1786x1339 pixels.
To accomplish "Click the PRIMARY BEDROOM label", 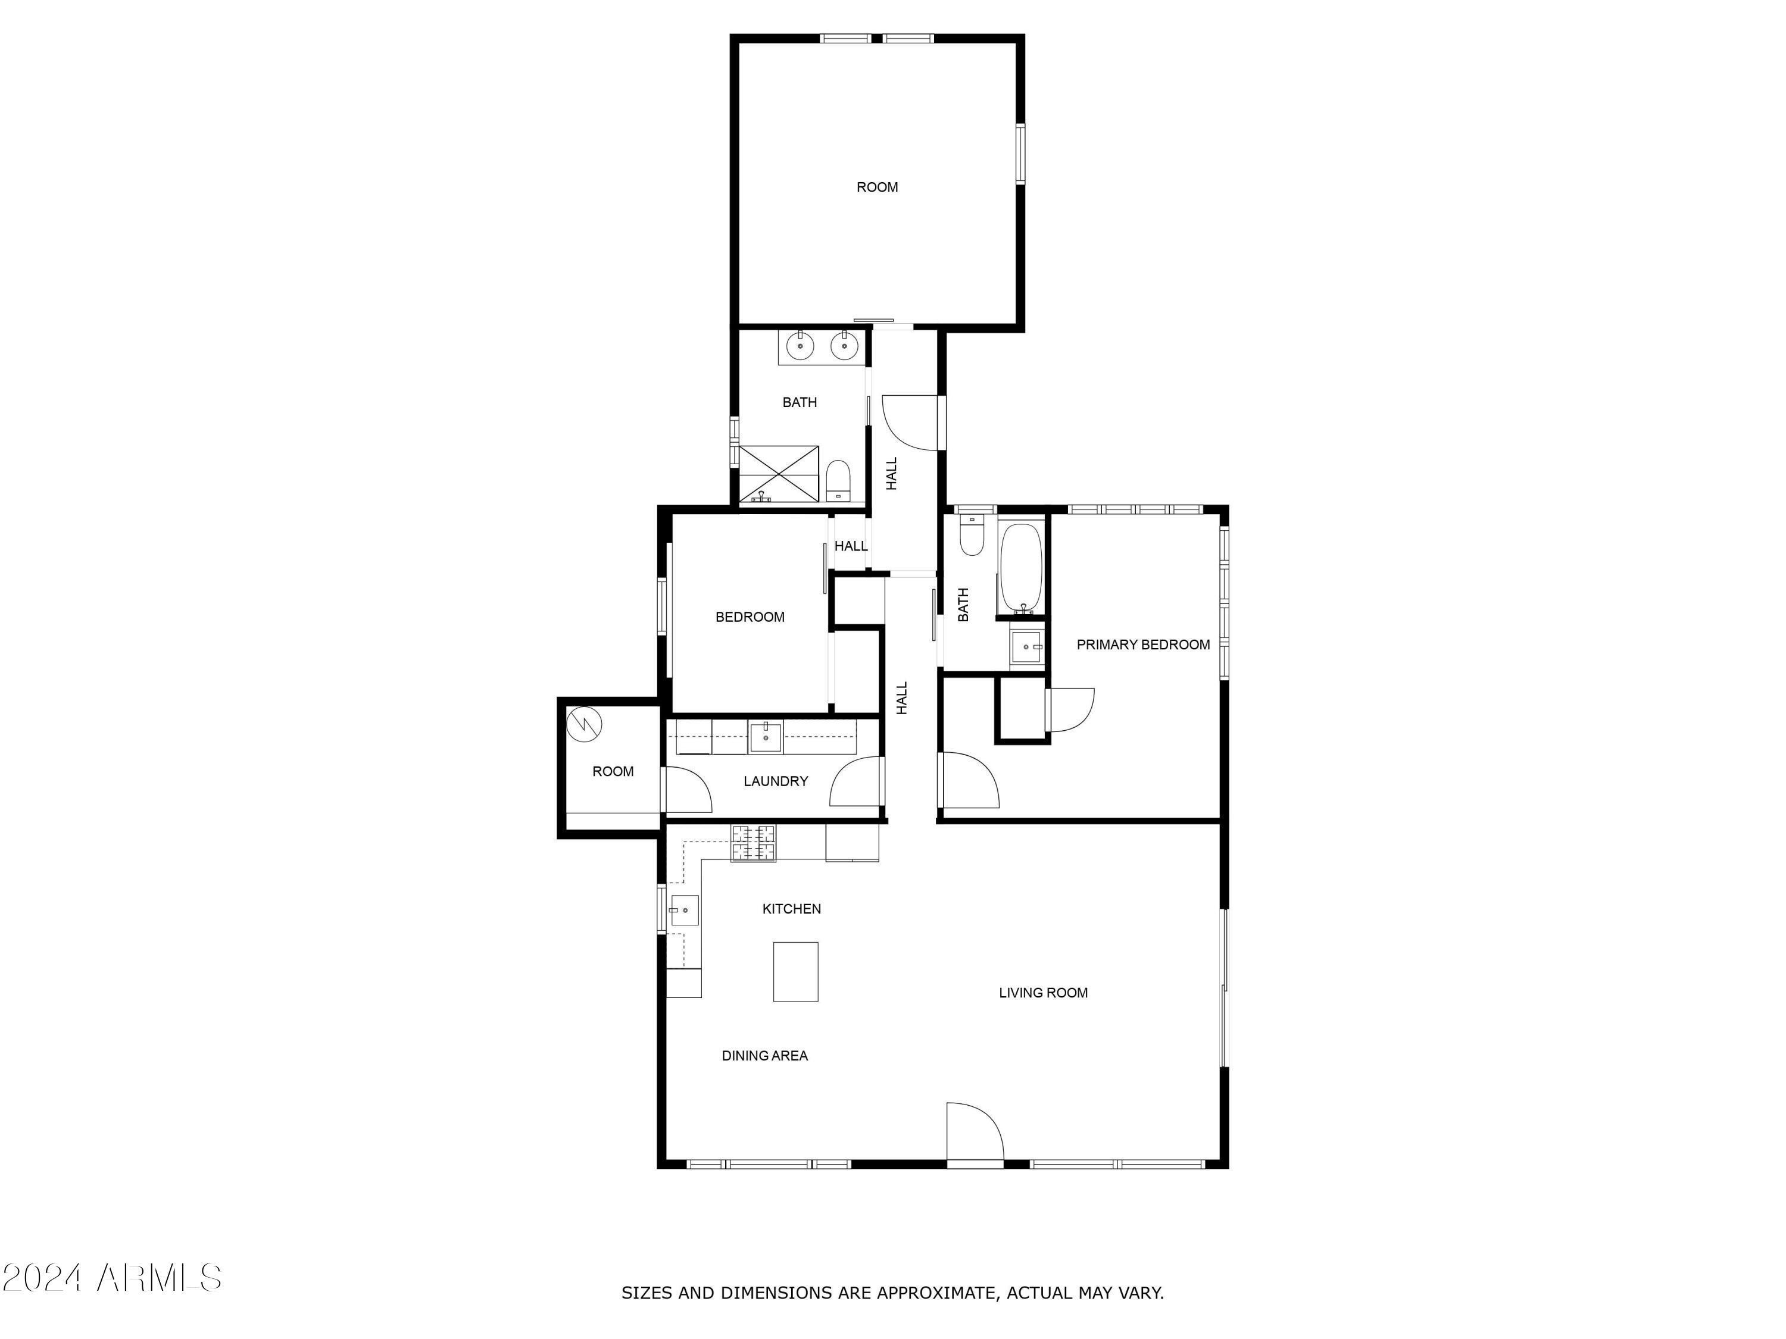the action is pos(1142,644).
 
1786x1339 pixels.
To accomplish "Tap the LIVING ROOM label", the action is pos(1043,993).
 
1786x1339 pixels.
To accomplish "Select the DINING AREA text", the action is pos(764,1056).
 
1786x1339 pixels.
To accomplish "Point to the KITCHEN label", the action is pos(791,909).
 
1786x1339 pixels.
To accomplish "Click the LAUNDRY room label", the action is pos(775,781).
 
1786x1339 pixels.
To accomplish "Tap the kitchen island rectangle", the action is pos(795,972).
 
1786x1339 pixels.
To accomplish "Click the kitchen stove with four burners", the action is pos(753,843).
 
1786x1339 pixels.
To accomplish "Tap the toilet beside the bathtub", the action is pos(972,535).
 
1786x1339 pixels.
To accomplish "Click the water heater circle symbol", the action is pos(585,724).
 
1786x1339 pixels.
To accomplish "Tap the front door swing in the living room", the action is pos(975,1132).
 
